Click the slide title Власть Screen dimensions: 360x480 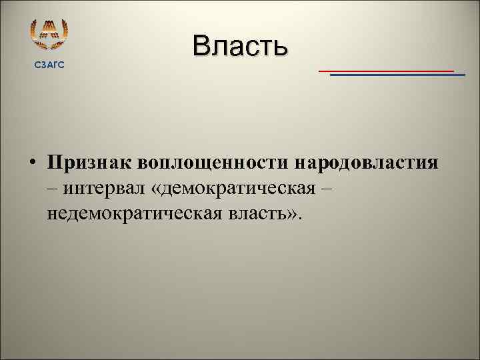click(239, 46)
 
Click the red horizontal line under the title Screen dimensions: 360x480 click(386, 70)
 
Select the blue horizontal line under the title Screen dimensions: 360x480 click(397, 75)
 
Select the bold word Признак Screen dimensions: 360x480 click(89, 163)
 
